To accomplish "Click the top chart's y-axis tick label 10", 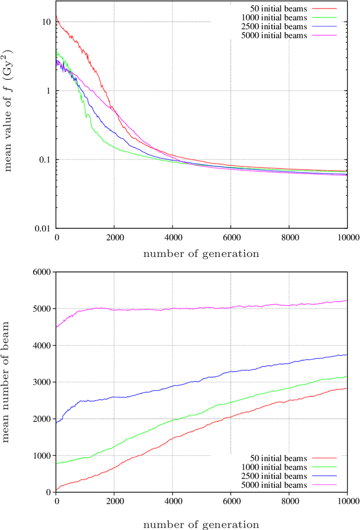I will coord(46,22).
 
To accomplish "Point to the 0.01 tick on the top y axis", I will coord(43,228).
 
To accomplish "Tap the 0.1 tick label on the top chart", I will coord(44,160).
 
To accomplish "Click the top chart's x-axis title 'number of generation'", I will coord(201,253).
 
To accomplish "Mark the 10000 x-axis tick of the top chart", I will coord(346,238).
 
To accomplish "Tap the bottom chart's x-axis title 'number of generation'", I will coord(201,524).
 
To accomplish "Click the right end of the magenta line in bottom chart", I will coord(346,300).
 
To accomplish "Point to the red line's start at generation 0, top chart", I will coord(57,16).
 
